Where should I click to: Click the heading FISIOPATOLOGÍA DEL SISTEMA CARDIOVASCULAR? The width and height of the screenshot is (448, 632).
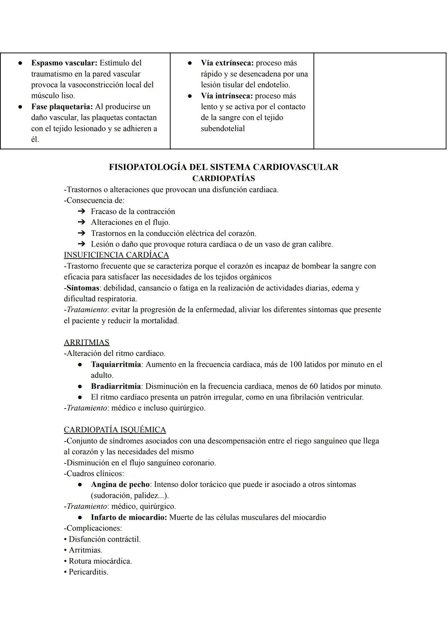[224, 167]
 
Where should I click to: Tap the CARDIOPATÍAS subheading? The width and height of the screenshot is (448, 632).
[224, 178]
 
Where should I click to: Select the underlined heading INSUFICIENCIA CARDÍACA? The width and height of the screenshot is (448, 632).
[116, 255]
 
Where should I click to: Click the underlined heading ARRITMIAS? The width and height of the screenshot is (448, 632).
[87, 342]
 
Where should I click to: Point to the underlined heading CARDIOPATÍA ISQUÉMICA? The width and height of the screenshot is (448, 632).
[115, 430]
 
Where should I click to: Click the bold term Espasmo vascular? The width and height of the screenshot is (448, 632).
[64, 63]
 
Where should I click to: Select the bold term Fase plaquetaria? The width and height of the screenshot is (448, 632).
[62, 107]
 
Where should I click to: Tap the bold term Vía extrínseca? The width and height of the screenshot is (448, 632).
[227, 63]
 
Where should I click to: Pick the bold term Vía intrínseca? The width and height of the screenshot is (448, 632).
[226, 96]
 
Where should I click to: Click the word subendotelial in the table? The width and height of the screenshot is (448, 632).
[223, 128]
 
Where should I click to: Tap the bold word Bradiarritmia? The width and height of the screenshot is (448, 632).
[116, 386]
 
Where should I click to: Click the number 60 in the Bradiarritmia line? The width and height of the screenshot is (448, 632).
[314, 386]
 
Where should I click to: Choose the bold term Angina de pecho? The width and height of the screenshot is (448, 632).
[120, 484]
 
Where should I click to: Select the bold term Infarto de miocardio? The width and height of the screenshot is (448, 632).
[129, 517]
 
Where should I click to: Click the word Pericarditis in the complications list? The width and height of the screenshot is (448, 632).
[88, 572]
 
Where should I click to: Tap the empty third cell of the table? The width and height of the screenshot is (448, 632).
[380, 101]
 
